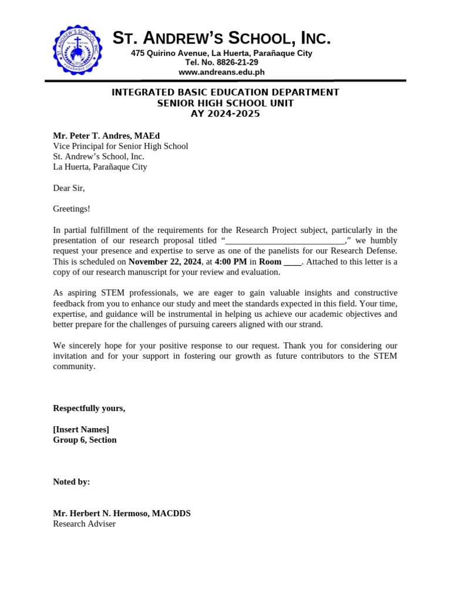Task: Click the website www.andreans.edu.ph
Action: [x=221, y=72]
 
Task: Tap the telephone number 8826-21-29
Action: [x=235, y=62]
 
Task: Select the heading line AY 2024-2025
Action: [x=225, y=114]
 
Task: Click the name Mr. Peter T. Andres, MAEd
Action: [x=106, y=136]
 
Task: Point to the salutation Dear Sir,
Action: [x=69, y=188]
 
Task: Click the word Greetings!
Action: [x=72, y=209]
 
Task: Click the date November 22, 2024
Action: [x=164, y=262]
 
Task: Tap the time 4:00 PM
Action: [x=231, y=262]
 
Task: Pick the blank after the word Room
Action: [x=292, y=262]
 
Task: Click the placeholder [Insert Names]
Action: [x=81, y=429]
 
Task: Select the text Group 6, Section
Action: [x=85, y=440]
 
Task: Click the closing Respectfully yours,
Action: [x=89, y=408]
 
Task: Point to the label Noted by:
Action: [x=72, y=481]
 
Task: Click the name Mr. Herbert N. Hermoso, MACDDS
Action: [x=122, y=513]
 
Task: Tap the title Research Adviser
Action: [x=85, y=524]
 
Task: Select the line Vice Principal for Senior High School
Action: [x=120, y=146]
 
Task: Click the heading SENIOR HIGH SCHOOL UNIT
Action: [x=225, y=103]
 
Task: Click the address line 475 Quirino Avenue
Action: [x=221, y=53]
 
